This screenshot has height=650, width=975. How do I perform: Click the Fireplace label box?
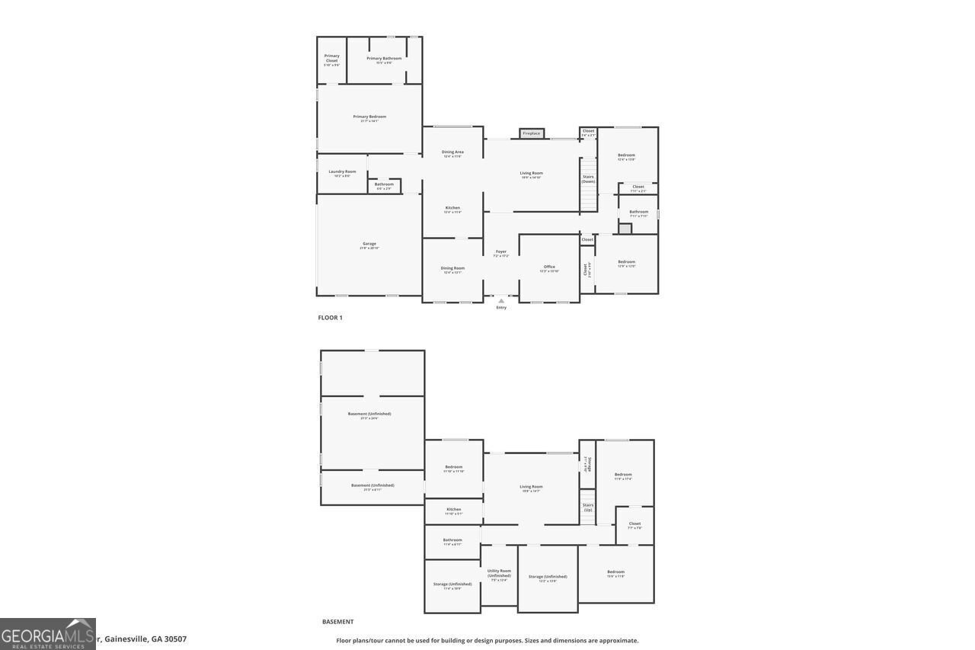(532, 133)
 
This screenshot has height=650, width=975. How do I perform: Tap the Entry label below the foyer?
(501, 308)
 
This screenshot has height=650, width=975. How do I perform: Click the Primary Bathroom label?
(384, 59)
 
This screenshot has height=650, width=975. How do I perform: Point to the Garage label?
(369, 245)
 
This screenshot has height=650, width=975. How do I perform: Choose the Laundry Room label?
(342, 172)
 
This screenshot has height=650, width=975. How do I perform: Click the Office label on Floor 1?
(549, 267)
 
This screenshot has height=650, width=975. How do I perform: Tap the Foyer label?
(501, 252)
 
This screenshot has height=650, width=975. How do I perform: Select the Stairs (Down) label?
(588, 179)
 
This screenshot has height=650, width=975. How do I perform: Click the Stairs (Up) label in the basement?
(588, 507)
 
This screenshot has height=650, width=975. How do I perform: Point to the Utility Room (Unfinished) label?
(500, 573)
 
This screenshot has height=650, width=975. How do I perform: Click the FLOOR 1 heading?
(330, 318)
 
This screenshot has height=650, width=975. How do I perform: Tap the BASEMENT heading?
(337, 622)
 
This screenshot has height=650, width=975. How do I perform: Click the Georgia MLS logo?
(47, 634)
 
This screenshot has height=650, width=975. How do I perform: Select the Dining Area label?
(452, 152)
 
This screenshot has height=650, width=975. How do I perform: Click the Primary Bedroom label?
(369, 117)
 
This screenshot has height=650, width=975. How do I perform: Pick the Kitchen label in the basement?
(454, 510)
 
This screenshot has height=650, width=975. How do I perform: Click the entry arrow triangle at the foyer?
(501, 301)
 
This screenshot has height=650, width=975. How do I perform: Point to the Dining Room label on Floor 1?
(452, 268)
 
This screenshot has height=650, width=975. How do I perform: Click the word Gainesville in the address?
(126, 639)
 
